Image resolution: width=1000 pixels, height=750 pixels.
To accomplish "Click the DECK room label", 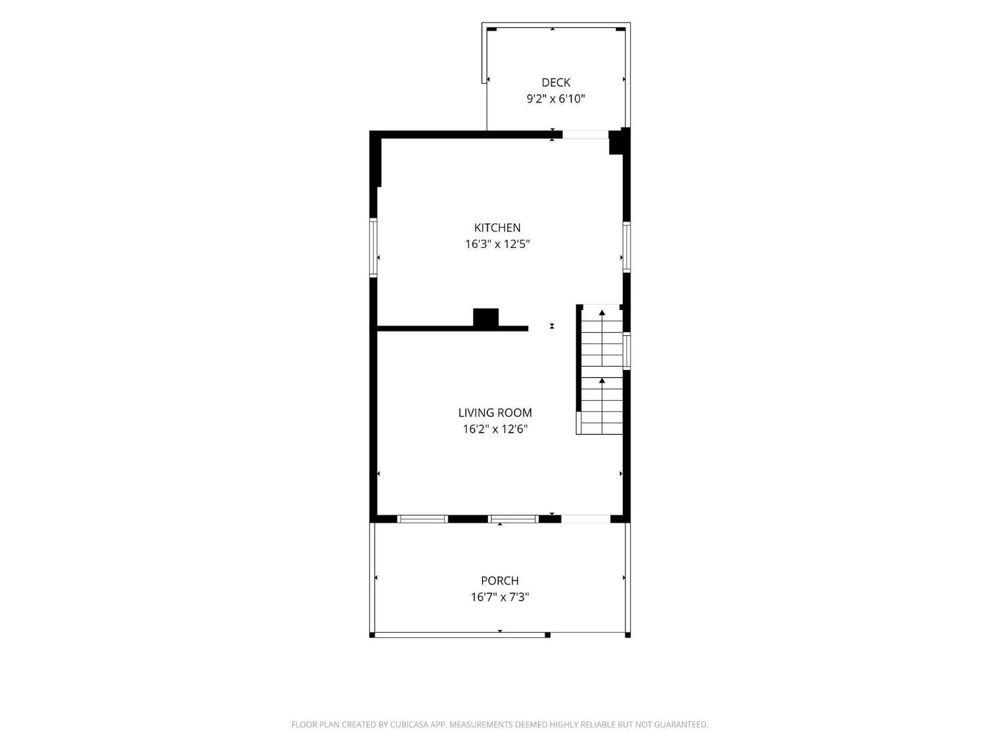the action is tap(556, 83).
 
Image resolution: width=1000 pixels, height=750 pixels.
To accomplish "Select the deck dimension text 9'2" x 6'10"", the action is tap(556, 99).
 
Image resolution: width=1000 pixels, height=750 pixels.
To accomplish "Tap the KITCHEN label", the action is tap(497, 228).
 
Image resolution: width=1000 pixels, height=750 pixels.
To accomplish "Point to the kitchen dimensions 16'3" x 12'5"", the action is tap(497, 244).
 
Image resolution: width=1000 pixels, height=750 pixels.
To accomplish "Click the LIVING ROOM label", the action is tap(495, 413).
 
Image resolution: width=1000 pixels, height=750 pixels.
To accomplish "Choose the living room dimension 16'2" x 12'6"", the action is tap(495, 429).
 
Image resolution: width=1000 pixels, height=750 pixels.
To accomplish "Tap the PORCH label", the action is tap(500, 581).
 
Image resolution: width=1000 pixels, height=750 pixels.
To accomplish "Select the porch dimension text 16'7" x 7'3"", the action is tap(500, 597).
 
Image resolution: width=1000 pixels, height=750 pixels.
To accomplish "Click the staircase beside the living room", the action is tap(600, 369).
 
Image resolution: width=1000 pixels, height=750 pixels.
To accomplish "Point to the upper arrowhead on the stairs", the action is tap(602, 313).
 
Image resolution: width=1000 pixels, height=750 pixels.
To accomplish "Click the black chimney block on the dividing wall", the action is tap(485, 317).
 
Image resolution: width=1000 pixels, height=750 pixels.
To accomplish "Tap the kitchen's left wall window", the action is tap(373, 247).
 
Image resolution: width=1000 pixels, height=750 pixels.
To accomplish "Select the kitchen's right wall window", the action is tap(627, 247).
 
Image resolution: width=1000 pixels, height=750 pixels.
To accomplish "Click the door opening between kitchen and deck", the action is tap(585, 135).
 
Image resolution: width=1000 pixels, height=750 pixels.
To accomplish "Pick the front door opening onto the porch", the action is tap(585, 519).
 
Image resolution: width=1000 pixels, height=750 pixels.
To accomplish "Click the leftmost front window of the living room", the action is tap(422, 519).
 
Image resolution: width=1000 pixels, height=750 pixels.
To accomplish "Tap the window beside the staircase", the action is tap(627, 351).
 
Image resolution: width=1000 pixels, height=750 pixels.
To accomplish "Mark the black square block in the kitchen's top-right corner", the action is tap(616, 142).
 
